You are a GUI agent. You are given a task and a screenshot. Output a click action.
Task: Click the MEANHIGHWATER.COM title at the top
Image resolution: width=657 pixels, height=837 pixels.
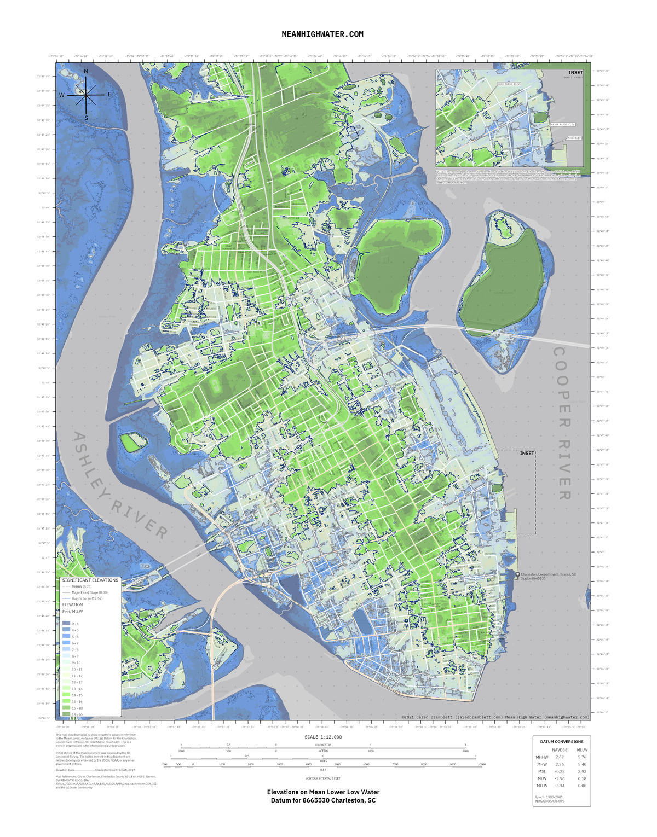(322, 34)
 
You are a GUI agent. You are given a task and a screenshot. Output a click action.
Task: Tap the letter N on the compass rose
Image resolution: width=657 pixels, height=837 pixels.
(86, 72)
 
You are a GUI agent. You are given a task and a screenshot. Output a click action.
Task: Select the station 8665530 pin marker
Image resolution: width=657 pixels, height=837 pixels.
(517, 574)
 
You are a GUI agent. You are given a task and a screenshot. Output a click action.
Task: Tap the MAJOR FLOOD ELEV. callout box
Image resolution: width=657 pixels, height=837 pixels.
(562, 124)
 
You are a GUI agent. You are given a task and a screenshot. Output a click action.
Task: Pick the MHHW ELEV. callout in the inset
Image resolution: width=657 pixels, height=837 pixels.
(574, 138)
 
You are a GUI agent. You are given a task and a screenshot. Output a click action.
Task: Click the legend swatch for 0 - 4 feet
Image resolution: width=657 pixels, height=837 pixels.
(66, 624)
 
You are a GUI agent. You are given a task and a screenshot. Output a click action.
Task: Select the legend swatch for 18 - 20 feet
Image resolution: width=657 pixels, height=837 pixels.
(66, 714)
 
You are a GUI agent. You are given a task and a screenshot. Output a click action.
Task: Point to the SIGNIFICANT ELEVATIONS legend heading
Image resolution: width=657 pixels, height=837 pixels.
(90, 580)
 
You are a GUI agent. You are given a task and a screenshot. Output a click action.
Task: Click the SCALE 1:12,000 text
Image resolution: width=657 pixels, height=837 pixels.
(323, 737)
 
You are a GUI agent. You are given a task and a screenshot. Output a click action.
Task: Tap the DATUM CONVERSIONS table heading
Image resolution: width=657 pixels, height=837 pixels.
(561, 742)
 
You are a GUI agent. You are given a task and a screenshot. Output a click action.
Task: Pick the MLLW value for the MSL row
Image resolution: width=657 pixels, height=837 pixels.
(582, 771)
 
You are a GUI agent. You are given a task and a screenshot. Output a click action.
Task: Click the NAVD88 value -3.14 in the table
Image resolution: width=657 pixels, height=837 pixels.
(559, 786)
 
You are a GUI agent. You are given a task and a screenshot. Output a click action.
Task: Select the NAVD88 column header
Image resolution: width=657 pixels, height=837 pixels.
(559, 750)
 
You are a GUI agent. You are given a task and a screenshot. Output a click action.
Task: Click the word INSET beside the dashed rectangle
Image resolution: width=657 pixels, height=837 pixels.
(527, 454)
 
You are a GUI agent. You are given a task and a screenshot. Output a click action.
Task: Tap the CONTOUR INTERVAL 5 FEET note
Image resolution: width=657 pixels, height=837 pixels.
(323, 778)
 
